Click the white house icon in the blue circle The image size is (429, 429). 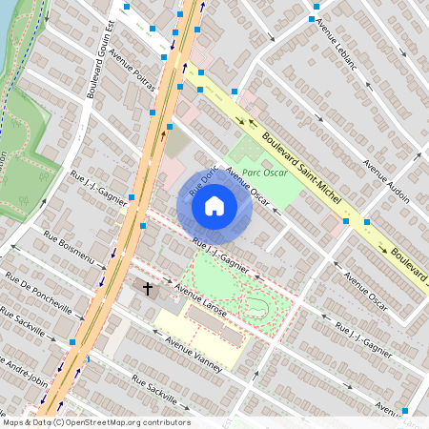(214, 205)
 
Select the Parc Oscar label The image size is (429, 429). (264, 174)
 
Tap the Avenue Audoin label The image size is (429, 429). (385, 180)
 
